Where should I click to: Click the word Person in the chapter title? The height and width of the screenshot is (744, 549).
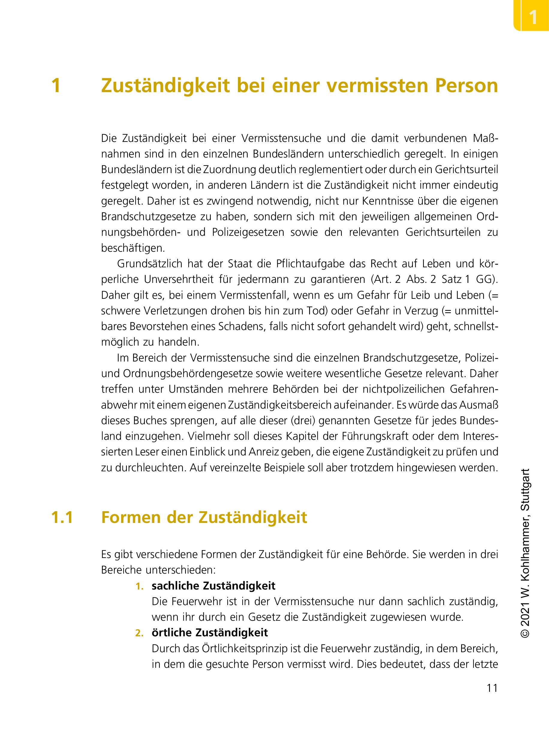[466, 85]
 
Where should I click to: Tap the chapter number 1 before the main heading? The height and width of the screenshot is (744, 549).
[56, 85]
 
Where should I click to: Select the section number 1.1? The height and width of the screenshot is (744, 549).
[62, 517]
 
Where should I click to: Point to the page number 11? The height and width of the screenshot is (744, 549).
[492, 688]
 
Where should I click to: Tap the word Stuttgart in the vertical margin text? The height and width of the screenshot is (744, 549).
[525, 490]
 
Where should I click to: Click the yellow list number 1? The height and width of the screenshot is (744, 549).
[139, 586]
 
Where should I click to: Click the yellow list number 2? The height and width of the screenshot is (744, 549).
[139, 633]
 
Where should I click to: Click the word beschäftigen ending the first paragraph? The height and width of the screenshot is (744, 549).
[133, 248]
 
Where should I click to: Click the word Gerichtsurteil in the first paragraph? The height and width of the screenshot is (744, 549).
[466, 169]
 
